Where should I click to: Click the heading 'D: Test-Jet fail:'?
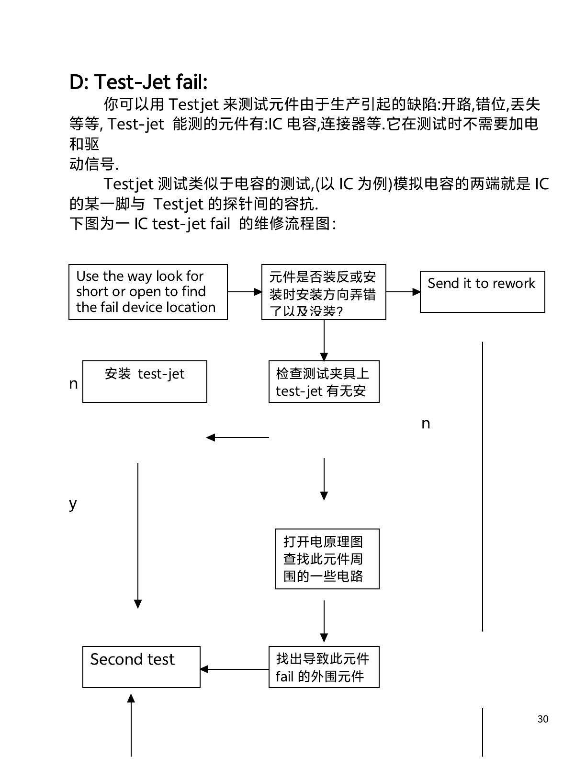coord(138,82)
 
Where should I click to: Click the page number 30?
coord(543,719)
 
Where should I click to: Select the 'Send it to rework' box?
coord(482,291)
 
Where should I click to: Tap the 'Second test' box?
coord(141,667)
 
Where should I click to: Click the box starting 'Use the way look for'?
coord(148,292)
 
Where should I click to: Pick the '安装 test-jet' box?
coord(145,381)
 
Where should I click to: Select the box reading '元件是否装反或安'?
coord(324,292)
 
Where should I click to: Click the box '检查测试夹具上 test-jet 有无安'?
coord(324,381)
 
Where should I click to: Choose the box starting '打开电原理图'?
coord(327,559)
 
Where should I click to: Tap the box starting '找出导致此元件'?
coord(324,667)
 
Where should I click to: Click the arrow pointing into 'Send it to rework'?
coord(403,291)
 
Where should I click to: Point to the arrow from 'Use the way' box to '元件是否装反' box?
coord(245,291)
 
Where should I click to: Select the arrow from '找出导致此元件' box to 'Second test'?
coord(235,669)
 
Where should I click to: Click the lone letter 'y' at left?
coord(73,504)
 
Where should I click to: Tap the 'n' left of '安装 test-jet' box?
coord(73,384)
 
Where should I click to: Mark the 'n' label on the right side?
coord(426,424)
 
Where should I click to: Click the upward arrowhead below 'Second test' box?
coord(131,699)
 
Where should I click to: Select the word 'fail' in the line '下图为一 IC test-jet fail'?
coord(220,224)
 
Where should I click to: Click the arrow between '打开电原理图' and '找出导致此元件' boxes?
coord(324,621)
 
